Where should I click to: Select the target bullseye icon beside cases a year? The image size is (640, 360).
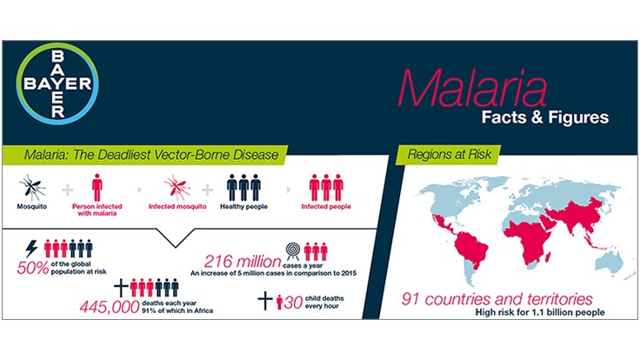[x=292, y=251]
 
